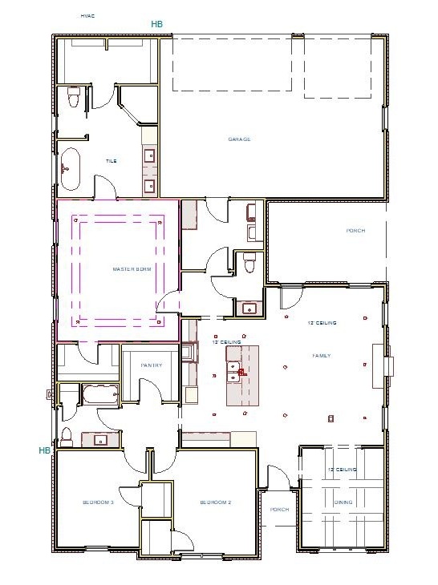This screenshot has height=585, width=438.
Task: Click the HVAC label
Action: (x=87, y=15)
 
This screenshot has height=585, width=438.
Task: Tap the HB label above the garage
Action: (x=156, y=25)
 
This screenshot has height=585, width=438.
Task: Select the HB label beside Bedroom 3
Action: (x=44, y=450)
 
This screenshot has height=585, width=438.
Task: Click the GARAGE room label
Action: (x=239, y=139)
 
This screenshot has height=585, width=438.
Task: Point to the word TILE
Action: (x=112, y=161)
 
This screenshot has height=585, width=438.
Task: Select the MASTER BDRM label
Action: (x=132, y=269)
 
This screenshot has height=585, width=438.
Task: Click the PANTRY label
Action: (x=152, y=365)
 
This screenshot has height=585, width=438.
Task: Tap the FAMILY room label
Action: (x=322, y=355)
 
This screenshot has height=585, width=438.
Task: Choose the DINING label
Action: (x=343, y=502)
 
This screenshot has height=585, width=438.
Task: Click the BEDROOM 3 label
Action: (x=98, y=502)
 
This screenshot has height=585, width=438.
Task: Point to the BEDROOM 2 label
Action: (x=216, y=502)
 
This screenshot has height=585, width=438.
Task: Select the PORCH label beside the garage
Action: (x=355, y=231)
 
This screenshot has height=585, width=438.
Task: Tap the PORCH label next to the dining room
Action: (x=279, y=510)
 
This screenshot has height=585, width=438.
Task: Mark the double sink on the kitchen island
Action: (x=236, y=369)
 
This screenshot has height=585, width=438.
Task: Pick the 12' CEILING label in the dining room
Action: (x=342, y=470)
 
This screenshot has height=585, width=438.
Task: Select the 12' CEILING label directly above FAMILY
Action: (x=322, y=323)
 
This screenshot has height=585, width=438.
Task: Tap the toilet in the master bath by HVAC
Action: (x=74, y=99)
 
